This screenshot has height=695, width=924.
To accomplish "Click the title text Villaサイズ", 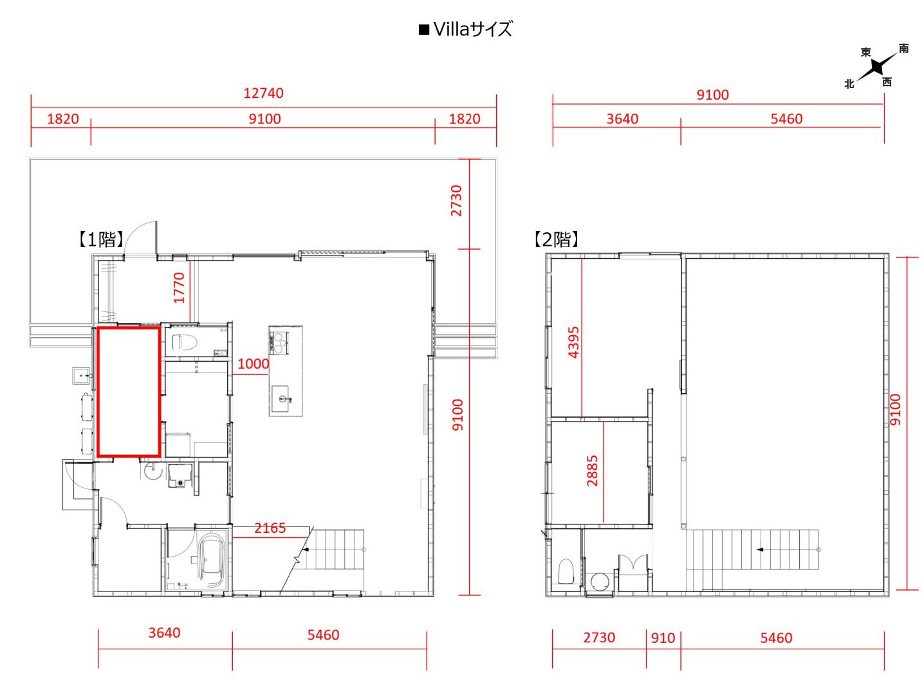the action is pos(472,30).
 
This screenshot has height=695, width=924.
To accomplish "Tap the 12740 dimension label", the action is pos(264,93).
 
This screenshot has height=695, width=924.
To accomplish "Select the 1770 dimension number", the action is pos(179,288).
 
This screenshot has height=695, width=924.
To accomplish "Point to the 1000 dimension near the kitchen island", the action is pos(253,364).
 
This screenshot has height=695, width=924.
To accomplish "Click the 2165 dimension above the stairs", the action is pos(270,528).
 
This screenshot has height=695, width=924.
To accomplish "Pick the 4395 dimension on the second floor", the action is pos(573,342).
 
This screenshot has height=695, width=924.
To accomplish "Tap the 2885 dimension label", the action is pos(592,470).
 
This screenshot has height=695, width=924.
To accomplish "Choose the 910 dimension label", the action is pos(663,638).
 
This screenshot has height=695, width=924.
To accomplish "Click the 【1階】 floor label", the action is pos(100,239).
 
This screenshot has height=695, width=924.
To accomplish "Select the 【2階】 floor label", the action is pos(556,239).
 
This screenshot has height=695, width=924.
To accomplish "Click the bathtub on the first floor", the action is pos(212,560).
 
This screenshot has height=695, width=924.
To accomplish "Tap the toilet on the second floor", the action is pos(566,571).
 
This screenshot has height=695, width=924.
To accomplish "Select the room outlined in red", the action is pos(129,391).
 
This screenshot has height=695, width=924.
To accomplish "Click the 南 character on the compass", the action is pos(903,48).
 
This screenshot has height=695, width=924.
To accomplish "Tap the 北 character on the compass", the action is pos(849,84).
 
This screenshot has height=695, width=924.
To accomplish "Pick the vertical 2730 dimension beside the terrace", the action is pos(456,201).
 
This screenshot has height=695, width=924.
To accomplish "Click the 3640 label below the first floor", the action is pos(164,633).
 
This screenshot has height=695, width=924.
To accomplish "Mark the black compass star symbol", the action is pos(878,66).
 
